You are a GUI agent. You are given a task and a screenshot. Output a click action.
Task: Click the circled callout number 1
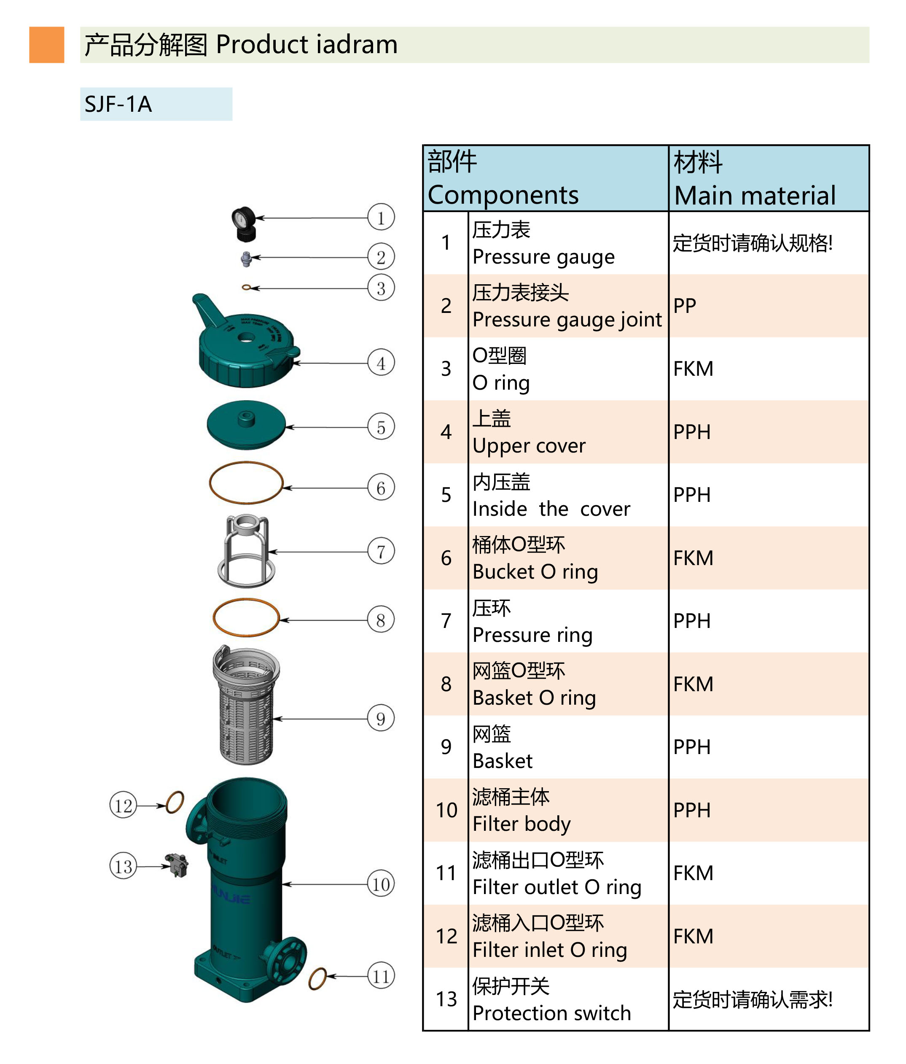380,218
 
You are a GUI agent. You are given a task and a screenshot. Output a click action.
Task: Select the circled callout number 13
123,866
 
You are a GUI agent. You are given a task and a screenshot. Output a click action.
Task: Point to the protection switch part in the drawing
177,865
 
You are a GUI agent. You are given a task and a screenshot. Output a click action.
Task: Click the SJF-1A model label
118,104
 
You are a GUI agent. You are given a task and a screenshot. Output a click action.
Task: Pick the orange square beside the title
47,45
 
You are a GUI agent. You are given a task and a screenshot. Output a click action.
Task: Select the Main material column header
755,195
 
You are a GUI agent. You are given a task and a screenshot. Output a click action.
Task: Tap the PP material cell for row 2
685,306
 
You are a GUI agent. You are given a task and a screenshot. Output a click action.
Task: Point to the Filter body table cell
522,824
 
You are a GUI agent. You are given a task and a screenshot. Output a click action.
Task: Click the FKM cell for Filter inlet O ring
693,936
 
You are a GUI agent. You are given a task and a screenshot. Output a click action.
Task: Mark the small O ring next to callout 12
175,802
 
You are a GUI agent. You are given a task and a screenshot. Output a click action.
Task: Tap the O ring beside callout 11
318,979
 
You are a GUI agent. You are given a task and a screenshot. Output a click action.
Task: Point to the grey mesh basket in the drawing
246,706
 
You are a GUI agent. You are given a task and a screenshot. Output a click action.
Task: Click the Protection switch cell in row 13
551,1013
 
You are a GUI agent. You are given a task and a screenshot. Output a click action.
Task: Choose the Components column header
503,195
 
